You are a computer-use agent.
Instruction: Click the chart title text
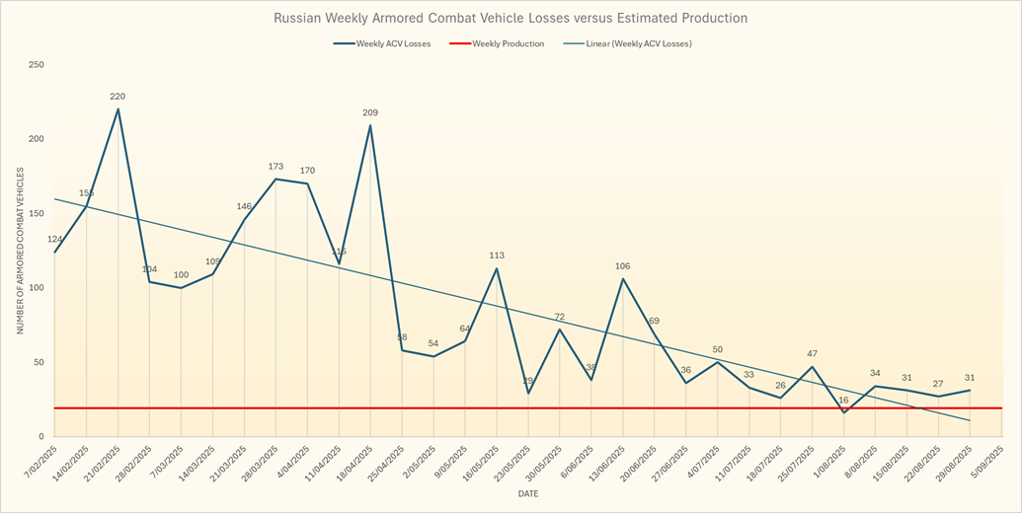coord(511,18)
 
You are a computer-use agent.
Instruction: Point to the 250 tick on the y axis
coord(37,65)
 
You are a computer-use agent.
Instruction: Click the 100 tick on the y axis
coord(37,288)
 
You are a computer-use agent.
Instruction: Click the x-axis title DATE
coord(529,492)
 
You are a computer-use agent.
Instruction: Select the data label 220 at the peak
coord(118,97)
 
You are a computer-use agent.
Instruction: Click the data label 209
coord(370,112)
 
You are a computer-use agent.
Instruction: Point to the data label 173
coord(275,167)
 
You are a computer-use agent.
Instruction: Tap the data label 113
coord(497,256)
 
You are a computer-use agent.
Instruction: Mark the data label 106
coord(623,266)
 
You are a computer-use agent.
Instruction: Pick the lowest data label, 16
coord(843,401)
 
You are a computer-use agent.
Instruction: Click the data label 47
coord(812,353)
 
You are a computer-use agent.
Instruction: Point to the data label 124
coord(54,240)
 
